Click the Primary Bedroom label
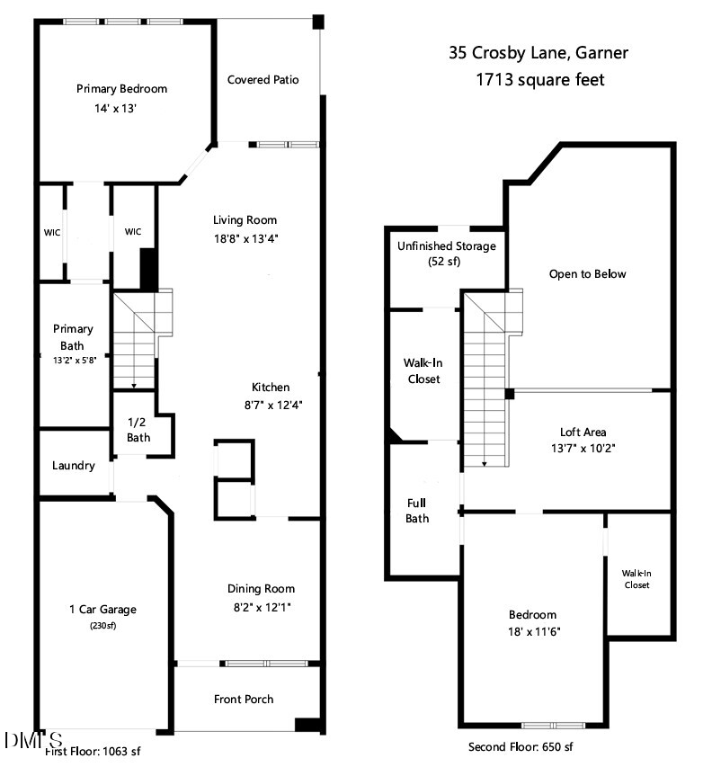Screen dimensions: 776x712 (121, 89)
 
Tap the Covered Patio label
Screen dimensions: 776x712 (263, 80)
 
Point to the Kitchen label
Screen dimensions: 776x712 (271, 388)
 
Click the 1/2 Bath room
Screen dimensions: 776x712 (138, 430)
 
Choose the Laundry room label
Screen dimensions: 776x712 (74, 466)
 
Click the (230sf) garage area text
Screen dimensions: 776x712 (102, 626)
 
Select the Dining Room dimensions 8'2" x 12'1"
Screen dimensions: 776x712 (261, 607)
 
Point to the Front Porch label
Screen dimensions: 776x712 (244, 699)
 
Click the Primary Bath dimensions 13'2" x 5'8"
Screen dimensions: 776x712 (73, 360)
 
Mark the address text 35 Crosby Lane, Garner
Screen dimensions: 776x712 (538, 53)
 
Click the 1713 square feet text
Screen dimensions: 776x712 (539, 80)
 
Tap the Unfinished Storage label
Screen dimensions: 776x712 (447, 246)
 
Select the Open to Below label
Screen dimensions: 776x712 (587, 274)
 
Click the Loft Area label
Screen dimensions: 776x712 (583, 432)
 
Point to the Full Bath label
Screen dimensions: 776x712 (417, 511)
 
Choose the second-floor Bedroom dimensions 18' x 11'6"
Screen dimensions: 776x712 (532, 632)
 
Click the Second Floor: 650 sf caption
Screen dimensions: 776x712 (521, 747)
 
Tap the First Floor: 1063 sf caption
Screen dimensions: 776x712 (93, 751)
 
